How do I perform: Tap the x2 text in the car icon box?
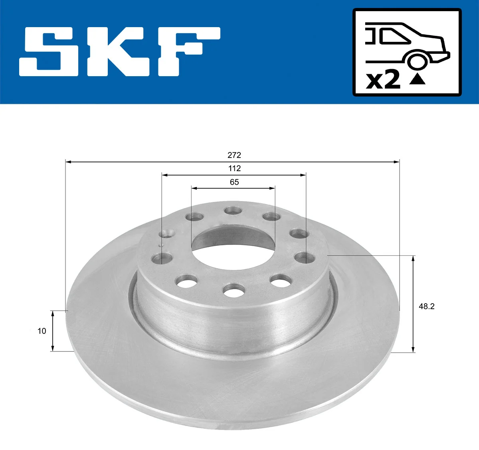383,80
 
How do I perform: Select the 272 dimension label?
234,155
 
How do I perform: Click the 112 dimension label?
234,168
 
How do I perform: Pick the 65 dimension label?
234,182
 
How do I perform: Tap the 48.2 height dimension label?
426,306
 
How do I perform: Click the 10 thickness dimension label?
42,331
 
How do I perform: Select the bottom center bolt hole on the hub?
234,290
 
